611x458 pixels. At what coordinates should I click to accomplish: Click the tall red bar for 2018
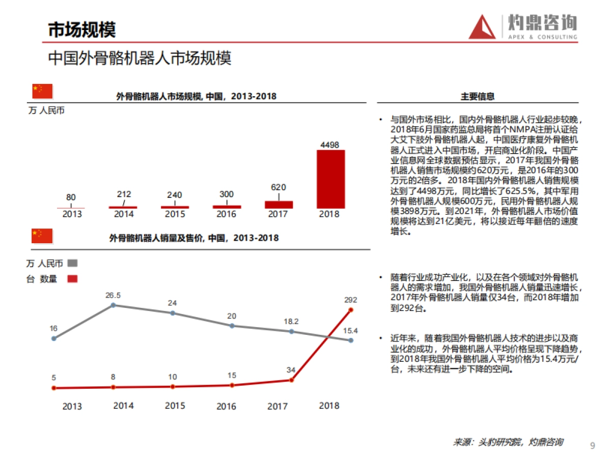point(330,179)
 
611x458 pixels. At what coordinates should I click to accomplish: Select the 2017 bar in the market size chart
point(279,205)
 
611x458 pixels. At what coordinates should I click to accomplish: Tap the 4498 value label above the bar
point(330,145)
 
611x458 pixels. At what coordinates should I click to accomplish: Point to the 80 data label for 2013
point(71,197)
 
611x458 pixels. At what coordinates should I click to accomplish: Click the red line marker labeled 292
point(351,309)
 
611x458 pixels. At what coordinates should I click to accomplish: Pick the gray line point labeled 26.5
point(113,305)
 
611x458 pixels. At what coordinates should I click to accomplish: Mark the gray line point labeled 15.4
point(351,340)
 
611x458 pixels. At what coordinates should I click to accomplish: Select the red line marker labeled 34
point(292,380)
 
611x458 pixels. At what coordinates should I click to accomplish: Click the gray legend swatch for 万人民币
point(72,264)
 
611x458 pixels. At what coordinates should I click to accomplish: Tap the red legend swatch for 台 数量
point(72,279)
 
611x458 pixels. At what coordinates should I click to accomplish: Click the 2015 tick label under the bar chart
point(175,214)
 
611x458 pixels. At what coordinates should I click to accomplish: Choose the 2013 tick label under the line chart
point(72,407)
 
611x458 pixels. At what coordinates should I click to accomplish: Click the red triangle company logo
point(482,27)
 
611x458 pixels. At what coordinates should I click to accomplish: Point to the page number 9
point(592,446)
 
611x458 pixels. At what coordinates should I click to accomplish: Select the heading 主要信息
point(477,96)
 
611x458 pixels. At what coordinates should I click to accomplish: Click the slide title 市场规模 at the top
point(82,30)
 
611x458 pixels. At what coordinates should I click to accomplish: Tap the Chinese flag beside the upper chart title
point(43,91)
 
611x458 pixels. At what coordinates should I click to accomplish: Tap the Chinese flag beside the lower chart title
point(43,236)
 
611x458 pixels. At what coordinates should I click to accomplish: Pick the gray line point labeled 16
point(54,338)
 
